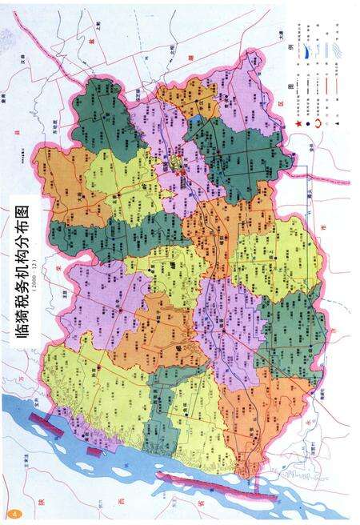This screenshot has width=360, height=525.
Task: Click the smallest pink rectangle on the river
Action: (x=94, y=453)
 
